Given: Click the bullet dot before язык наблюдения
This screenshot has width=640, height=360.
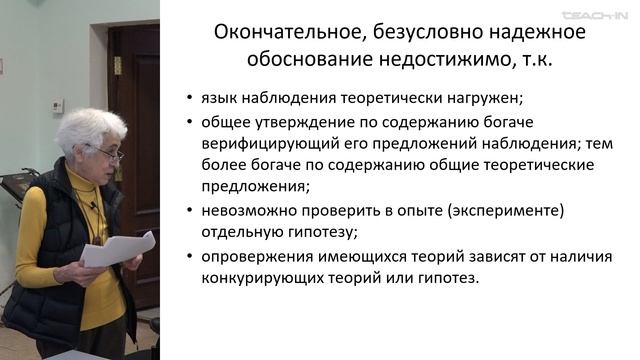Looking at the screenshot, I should (190, 100).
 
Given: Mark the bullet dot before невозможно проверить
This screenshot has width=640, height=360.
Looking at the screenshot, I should (190, 210).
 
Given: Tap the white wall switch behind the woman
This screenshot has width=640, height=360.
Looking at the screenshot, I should (57, 105).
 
